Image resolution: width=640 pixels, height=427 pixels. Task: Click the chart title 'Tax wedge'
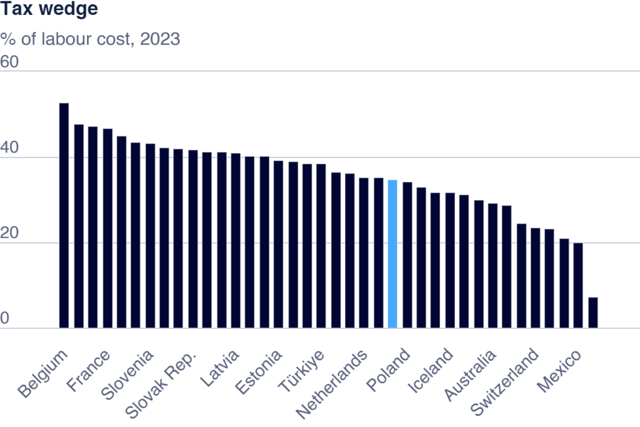coord(49,11)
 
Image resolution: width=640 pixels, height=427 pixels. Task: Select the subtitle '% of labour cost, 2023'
coord(90,39)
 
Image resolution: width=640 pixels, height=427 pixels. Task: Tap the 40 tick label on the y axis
coord(10,148)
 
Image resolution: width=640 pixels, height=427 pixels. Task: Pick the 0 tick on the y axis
coord(5,319)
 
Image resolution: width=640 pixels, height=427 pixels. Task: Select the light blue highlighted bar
coord(392,254)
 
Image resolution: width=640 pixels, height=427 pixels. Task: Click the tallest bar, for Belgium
coord(64,215)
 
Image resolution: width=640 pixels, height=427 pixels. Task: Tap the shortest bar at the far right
coord(592,313)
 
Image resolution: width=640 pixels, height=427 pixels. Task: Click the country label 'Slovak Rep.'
coord(161,384)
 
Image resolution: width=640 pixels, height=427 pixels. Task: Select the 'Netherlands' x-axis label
coord(331,384)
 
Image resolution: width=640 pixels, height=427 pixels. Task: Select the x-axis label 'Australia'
coord(471,375)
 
